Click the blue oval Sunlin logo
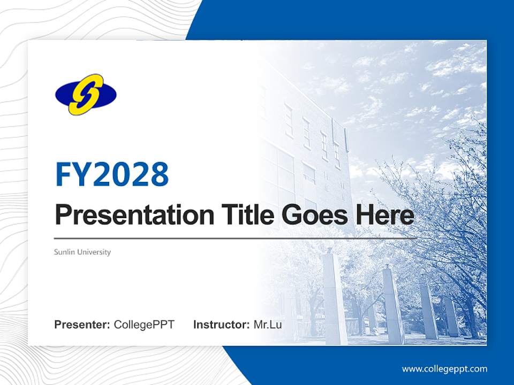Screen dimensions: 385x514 86,94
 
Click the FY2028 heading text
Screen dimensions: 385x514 112,174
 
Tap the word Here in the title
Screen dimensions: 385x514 383,215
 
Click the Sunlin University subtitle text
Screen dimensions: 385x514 82,252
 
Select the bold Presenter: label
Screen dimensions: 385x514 82,325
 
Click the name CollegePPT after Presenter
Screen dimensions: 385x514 144,325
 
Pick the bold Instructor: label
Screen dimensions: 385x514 222,325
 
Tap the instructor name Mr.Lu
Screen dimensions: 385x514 268,325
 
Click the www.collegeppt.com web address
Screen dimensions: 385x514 444,369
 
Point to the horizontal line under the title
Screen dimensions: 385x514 236,238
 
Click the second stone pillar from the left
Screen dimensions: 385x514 394,305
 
